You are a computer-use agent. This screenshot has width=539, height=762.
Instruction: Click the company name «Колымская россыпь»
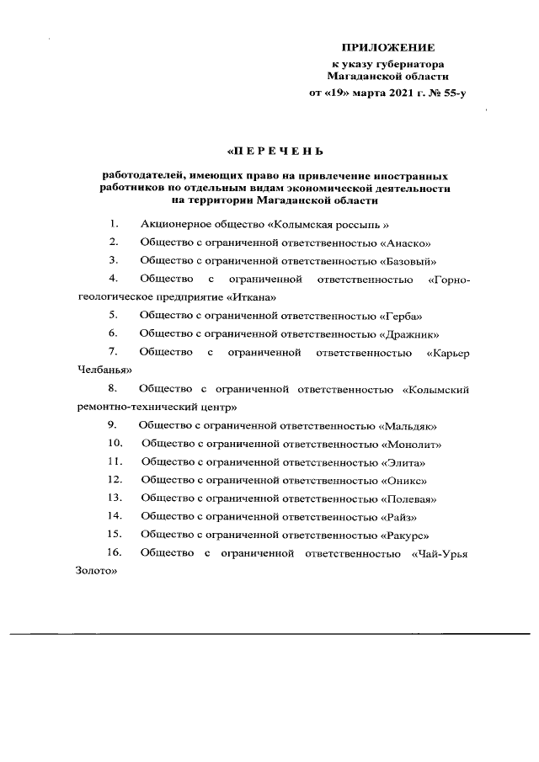[328, 225]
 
